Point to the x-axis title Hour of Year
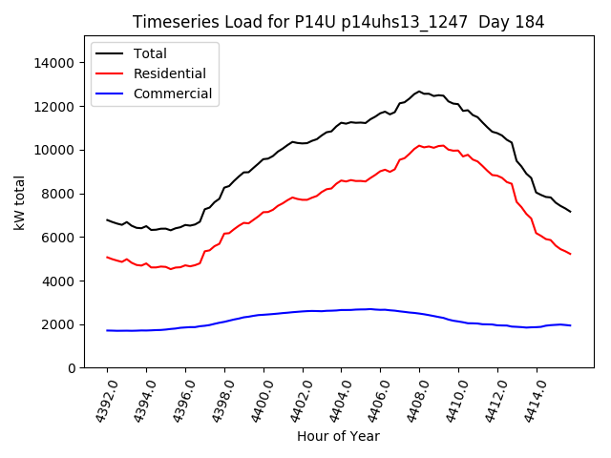click(x=338, y=436)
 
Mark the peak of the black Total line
click(x=418, y=92)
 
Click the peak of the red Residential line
click(x=419, y=145)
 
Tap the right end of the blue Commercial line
click(x=570, y=325)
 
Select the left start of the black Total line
click(x=107, y=219)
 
